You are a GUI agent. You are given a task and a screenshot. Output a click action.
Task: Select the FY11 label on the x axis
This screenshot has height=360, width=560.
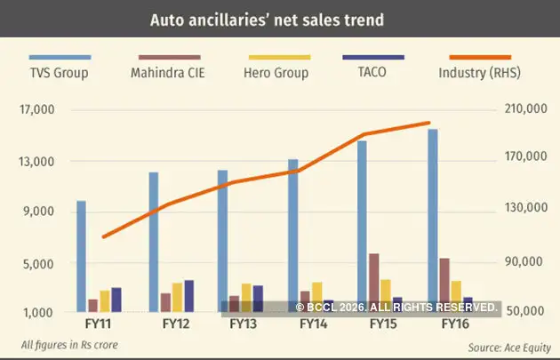99,326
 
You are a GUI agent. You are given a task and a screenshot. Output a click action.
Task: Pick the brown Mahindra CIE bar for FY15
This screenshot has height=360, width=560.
373,283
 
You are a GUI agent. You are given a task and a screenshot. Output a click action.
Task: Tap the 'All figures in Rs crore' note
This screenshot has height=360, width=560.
69,345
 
